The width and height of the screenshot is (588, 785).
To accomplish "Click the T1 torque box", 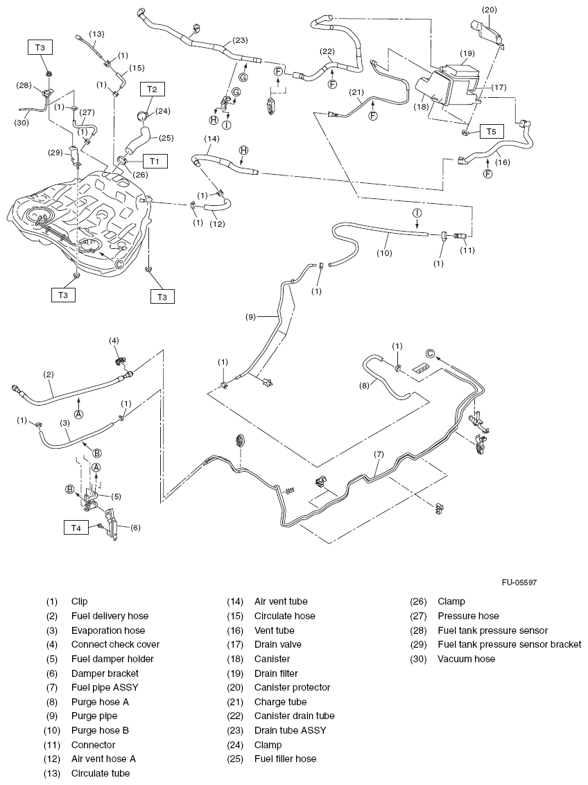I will (155, 161).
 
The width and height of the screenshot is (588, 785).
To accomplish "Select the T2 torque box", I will (153, 89).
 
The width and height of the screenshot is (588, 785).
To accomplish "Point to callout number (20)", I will (490, 10).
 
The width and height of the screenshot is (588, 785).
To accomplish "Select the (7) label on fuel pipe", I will (379, 455).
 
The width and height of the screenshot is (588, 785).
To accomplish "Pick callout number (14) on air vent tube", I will (212, 139).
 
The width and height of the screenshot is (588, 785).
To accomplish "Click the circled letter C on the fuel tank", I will (119, 264).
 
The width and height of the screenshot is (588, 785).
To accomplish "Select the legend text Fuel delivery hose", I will (110, 616).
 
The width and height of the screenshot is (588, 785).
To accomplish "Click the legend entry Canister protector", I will (292, 687).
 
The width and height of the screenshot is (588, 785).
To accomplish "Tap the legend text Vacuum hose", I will (466, 659).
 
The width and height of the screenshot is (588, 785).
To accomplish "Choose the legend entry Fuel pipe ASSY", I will (104, 687).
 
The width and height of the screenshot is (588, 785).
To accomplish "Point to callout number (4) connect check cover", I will (114, 340).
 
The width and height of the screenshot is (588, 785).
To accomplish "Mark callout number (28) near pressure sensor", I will (26, 85).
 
